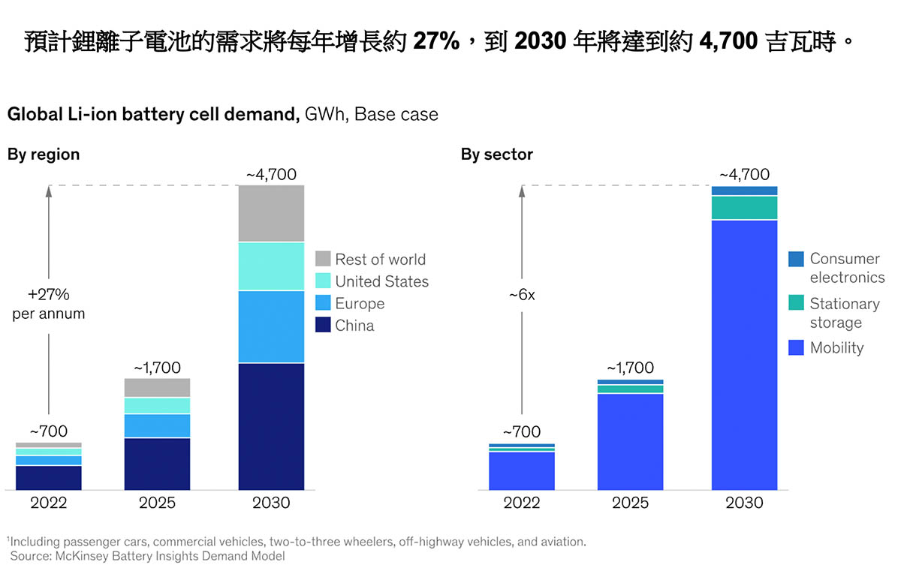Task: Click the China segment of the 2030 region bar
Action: click(x=271, y=426)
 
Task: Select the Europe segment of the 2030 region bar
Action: click(x=271, y=326)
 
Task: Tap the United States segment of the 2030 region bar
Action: click(x=271, y=266)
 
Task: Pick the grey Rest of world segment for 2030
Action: click(x=271, y=213)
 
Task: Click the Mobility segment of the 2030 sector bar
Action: click(x=744, y=355)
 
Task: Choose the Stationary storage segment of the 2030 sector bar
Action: click(x=744, y=208)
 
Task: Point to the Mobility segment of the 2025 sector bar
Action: click(x=630, y=441)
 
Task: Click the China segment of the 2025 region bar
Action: click(x=157, y=464)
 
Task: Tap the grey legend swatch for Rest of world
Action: click(x=323, y=259)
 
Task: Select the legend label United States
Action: click(x=381, y=281)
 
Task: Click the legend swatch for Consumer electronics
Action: click(x=796, y=259)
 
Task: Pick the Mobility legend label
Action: click(x=836, y=347)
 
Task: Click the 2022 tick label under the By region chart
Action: click(x=49, y=503)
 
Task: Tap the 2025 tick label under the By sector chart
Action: click(x=630, y=503)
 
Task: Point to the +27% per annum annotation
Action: click(x=49, y=303)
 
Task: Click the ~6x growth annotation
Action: click(x=521, y=295)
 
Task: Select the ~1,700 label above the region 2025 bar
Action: click(x=157, y=368)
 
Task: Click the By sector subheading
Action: click(x=496, y=155)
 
